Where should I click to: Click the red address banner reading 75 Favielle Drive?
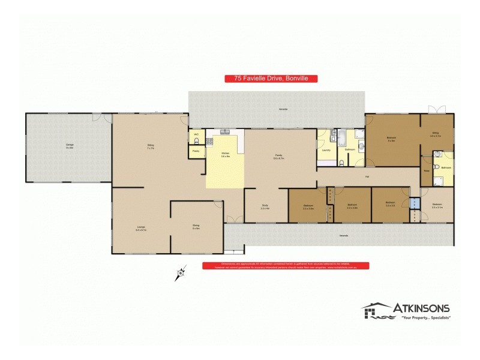(271, 78)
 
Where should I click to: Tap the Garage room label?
(70, 146)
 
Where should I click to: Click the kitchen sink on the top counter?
(226, 131)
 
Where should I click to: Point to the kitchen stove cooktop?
(209, 142)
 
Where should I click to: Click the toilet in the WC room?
(194, 140)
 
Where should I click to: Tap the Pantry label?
(196, 151)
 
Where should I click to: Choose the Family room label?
(279, 156)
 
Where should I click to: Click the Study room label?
(265, 206)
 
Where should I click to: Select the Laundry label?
(327, 150)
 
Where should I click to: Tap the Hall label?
(366, 176)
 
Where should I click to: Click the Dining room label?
(196, 227)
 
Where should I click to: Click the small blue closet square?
(414, 203)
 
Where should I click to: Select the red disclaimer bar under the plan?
(286, 265)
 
